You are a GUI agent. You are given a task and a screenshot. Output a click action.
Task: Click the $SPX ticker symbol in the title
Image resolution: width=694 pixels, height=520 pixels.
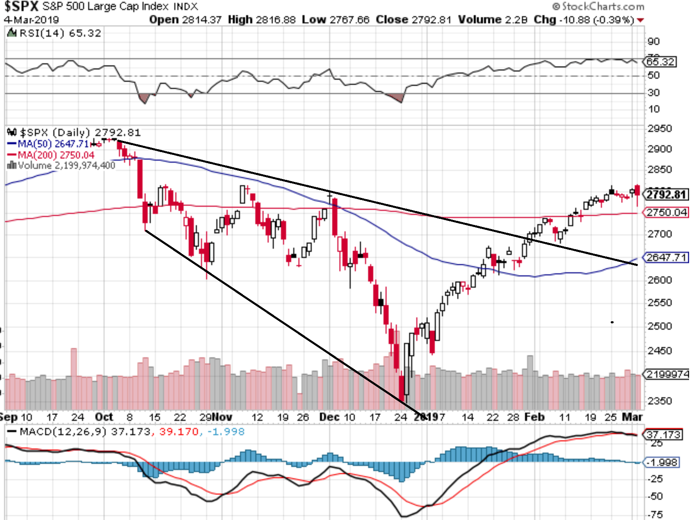coord(21,7)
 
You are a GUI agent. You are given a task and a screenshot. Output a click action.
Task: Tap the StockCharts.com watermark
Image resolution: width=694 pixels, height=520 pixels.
coord(599,7)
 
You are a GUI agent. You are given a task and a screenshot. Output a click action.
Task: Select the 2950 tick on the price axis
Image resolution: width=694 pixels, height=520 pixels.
coord(660,128)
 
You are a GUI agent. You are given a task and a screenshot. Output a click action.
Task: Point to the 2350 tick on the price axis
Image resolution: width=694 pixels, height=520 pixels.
coord(660,400)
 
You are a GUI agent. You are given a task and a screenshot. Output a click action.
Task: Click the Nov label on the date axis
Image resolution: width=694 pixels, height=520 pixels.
coord(222,417)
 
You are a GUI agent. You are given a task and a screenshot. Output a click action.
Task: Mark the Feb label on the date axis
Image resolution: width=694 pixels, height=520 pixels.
coord(535,417)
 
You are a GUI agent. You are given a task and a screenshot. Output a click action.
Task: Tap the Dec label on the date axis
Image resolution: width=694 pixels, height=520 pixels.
coord(329,417)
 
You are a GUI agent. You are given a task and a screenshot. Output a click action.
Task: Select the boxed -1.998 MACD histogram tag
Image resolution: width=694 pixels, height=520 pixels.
coord(662,462)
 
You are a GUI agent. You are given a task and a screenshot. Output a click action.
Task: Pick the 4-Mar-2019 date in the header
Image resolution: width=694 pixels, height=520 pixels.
coord(32,20)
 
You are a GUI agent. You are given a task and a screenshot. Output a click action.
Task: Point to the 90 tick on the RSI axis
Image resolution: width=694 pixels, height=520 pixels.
coord(654,41)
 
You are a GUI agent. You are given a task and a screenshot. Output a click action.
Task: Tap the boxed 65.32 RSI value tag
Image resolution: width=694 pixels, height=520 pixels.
coord(660,62)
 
